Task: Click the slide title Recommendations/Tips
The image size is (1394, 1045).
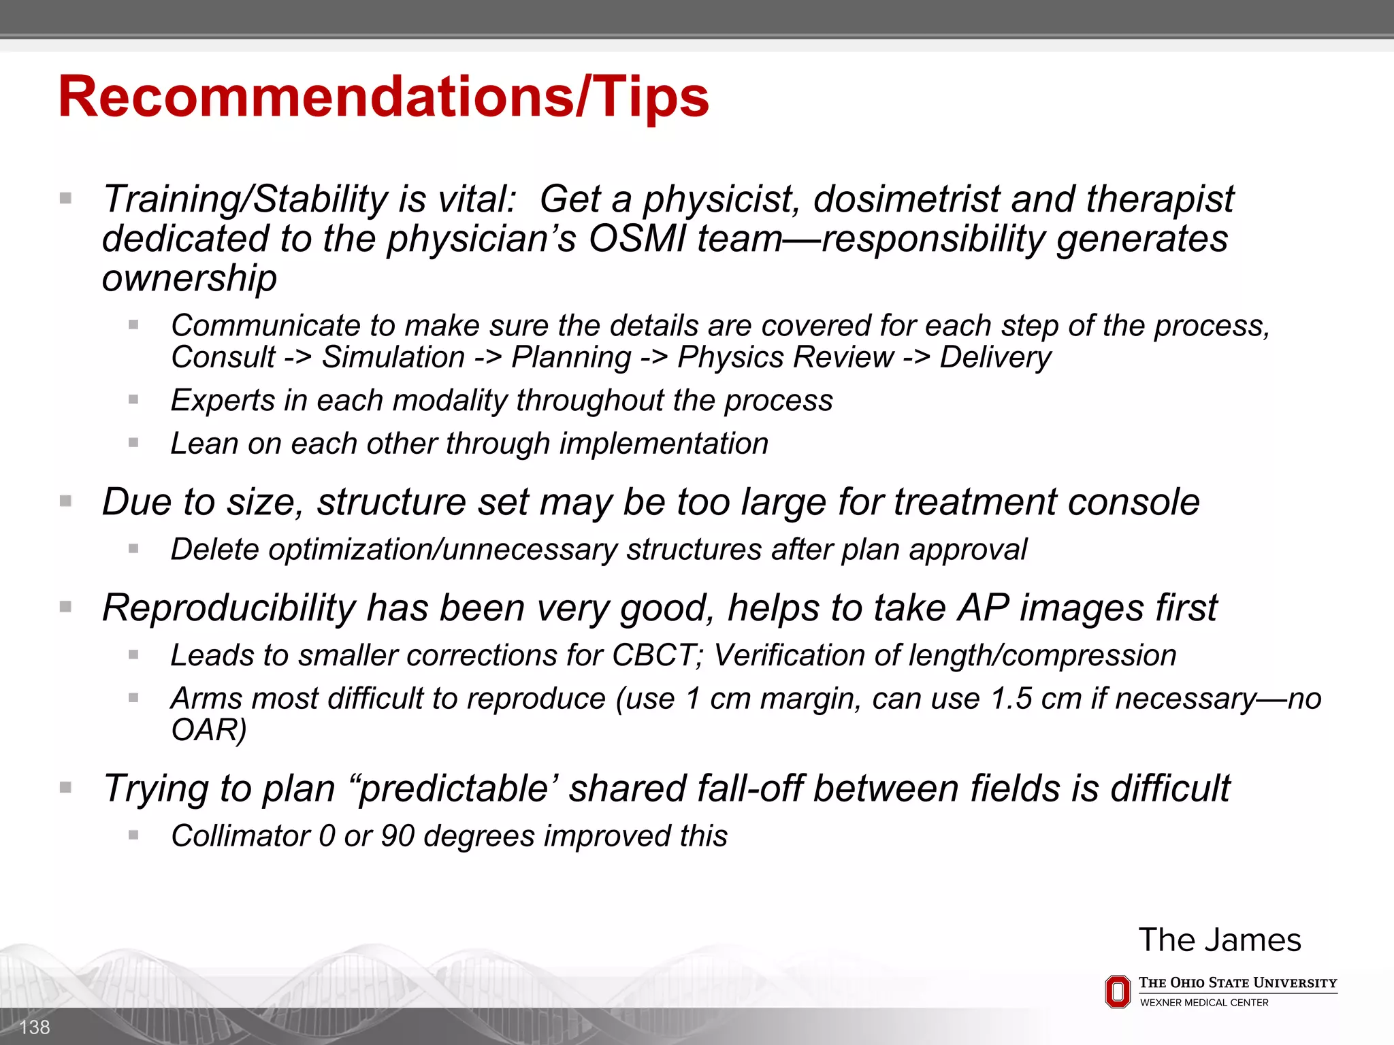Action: click(383, 97)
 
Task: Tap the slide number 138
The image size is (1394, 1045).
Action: click(35, 1027)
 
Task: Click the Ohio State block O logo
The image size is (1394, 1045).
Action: click(1117, 992)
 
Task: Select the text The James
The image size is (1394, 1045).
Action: click(1220, 940)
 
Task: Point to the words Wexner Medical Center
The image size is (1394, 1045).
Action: click(1203, 1003)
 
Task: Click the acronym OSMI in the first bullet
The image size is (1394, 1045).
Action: click(637, 239)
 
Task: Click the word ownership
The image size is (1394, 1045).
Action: click(189, 278)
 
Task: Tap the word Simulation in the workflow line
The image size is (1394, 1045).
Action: click(393, 358)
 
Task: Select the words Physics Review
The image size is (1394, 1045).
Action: click(785, 358)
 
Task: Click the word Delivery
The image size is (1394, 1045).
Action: click(995, 358)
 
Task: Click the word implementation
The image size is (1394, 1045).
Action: click(664, 444)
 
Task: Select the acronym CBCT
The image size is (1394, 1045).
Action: click(657, 656)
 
